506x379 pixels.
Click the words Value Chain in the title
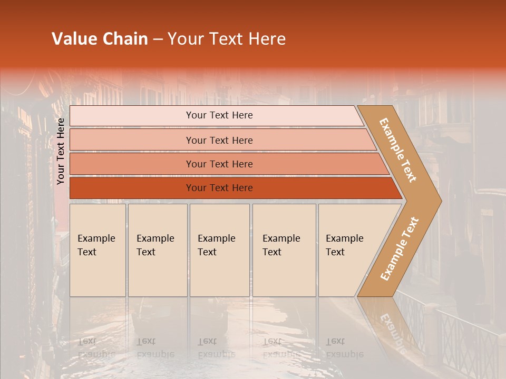coord(100,39)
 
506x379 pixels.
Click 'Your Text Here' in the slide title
coord(227,39)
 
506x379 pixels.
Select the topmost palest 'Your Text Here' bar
coord(219,115)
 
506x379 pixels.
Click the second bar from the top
coord(219,140)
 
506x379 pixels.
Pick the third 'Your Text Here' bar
coord(219,164)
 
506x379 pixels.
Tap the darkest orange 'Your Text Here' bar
coord(219,188)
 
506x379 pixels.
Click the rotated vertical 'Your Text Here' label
coord(61,151)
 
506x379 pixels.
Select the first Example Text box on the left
coord(97,250)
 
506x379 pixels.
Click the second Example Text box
coord(157,250)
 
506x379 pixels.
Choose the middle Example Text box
coord(219,250)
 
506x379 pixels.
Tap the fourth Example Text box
coord(284,250)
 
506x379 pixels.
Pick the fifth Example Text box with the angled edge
coord(348,250)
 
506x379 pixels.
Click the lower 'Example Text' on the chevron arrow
coord(400,248)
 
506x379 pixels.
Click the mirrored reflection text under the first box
coord(96,348)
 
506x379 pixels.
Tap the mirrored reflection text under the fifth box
coord(344,348)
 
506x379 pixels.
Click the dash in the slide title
coord(158,39)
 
